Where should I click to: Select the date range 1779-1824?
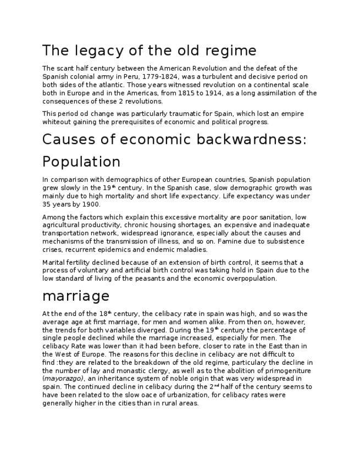[x=158, y=77]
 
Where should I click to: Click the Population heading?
[x=81, y=162]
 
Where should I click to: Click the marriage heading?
[x=76, y=296]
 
